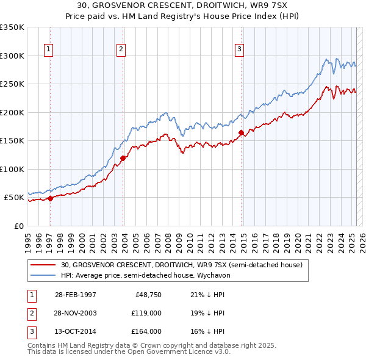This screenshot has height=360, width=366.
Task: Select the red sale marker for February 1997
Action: [x=50, y=198]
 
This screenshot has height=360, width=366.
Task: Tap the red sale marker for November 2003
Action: [x=123, y=158]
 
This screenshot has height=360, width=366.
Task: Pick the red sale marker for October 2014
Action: [x=241, y=132]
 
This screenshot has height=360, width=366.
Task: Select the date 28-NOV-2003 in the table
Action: [x=76, y=313]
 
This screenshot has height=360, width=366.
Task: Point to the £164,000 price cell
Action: [x=146, y=331]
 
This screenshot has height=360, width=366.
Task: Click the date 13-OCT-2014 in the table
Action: [x=76, y=331]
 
